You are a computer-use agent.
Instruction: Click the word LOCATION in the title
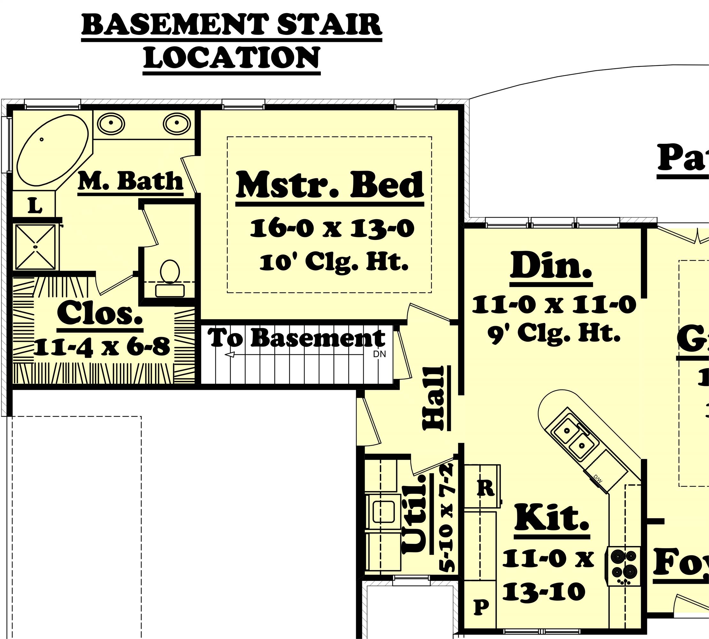(x=232, y=58)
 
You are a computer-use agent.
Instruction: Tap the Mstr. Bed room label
(x=330, y=185)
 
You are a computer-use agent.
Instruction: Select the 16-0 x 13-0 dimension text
(x=332, y=228)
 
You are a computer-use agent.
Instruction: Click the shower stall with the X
(x=35, y=247)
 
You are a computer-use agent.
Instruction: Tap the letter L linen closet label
(x=35, y=206)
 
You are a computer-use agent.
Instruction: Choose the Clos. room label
(x=100, y=313)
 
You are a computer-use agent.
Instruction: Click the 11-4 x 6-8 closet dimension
(x=102, y=347)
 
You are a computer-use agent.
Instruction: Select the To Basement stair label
(x=296, y=338)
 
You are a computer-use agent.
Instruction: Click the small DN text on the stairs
(x=379, y=354)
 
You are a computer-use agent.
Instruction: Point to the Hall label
(x=433, y=398)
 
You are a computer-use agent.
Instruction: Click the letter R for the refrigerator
(x=486, y=488)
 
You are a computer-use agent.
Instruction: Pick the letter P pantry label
(x=482, y=606)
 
